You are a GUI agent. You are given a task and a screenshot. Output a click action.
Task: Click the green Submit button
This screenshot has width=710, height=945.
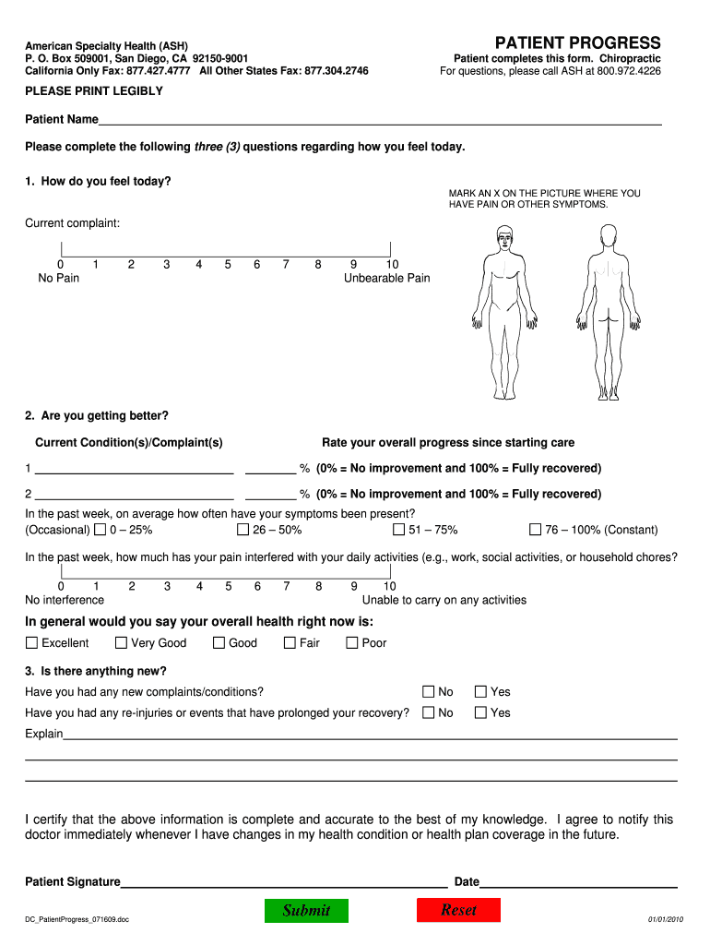click(x=307, y=910)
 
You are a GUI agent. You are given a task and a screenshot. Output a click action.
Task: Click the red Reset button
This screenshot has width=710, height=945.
click(x=458, y=910)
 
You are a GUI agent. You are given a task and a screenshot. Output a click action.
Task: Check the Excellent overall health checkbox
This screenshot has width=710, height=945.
click(x=32, y=642)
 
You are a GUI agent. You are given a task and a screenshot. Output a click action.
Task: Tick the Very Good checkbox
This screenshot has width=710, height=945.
click(x=121, y=642)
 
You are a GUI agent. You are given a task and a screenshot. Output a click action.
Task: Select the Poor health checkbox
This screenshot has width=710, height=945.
click(x=351, y=642)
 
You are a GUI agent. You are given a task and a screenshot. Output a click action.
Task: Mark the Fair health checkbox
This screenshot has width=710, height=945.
click(x=290, y=642)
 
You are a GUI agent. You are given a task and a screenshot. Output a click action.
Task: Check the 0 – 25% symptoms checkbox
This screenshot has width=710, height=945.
click(x=100, y=530)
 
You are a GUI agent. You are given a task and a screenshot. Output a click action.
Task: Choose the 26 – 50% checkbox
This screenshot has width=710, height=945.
click(x=243, y=530)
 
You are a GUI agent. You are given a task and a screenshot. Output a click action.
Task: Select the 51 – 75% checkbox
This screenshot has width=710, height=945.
click(x=399, y=530)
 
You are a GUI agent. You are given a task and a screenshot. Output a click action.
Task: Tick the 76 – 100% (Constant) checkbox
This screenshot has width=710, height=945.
click(x=535, y=530)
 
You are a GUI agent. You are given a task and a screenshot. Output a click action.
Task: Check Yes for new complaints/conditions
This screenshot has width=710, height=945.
click(x=480, y=691)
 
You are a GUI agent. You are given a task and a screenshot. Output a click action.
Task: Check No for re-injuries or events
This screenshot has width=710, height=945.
click(x=429, y=712)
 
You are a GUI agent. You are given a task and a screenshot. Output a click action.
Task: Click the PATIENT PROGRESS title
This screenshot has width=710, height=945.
click(x=577, y=42)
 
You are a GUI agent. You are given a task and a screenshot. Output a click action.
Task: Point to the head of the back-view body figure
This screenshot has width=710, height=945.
click(x=607, y=242)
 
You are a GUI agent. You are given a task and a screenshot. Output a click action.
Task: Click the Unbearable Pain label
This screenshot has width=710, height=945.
click(x=386, y=278)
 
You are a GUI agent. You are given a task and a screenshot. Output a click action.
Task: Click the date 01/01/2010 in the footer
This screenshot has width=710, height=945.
click(x=664, y=919)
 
